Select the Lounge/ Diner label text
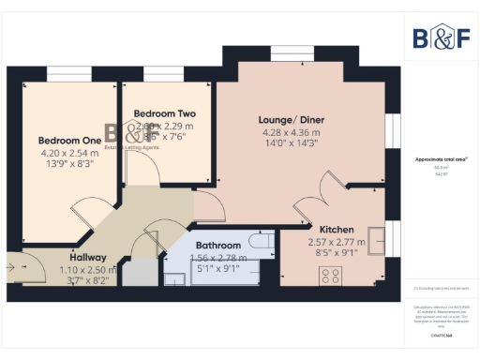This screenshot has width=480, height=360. tap(293, 119)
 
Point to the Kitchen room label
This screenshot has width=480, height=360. tap(336, 229)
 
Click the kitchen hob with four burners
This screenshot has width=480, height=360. tap(330, 276)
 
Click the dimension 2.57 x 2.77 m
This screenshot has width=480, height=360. tap(336, 241)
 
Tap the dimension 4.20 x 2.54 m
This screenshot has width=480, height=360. tap(63, 153)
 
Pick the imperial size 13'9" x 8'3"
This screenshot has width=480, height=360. tap(63, 165)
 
